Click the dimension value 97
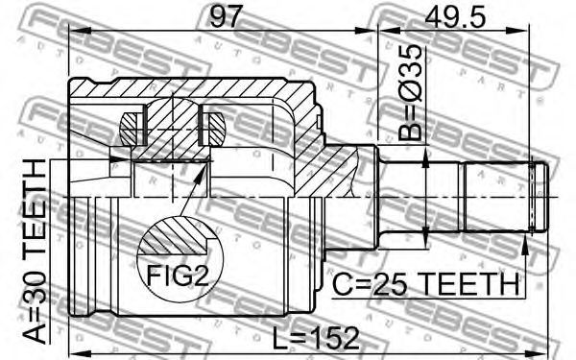(226, 16)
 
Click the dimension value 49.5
(455, 16)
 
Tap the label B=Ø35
(410, 93)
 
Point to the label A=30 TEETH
(36, 252)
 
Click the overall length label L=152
(316, 338)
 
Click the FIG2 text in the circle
(178, 276)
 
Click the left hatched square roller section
(132, 129)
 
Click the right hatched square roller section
(214, 129)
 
